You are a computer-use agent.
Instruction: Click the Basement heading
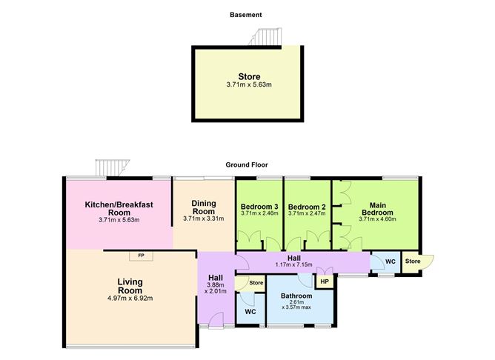pos(245,15)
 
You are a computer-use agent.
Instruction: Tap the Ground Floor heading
pos(247,164)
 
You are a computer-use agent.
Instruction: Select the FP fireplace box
pos(141,256)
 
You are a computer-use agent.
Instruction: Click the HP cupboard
pos(325,281)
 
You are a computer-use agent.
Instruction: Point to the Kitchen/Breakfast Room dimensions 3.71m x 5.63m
pos(119,220)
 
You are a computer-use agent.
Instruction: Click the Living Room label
pos(130,286)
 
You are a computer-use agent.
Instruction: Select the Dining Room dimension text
pos(204,219)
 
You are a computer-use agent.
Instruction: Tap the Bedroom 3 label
pos(259,207)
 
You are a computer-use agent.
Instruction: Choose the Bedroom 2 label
pos(307,207)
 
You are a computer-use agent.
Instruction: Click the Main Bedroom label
pos(378,209)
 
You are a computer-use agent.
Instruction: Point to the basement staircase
pos(265,37)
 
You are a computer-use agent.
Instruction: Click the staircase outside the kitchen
pos(113,167)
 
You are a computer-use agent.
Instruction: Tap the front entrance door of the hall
pos(216,320)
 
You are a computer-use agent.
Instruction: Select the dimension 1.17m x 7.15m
pos(294,264)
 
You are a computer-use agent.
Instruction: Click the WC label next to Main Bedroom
pos(391,261)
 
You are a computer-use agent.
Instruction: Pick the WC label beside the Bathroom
pos(250,312)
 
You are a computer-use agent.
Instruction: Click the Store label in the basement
pos(249,77)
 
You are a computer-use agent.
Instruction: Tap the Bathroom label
pos(296,296)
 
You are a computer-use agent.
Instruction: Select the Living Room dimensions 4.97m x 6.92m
pos(130,299)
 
